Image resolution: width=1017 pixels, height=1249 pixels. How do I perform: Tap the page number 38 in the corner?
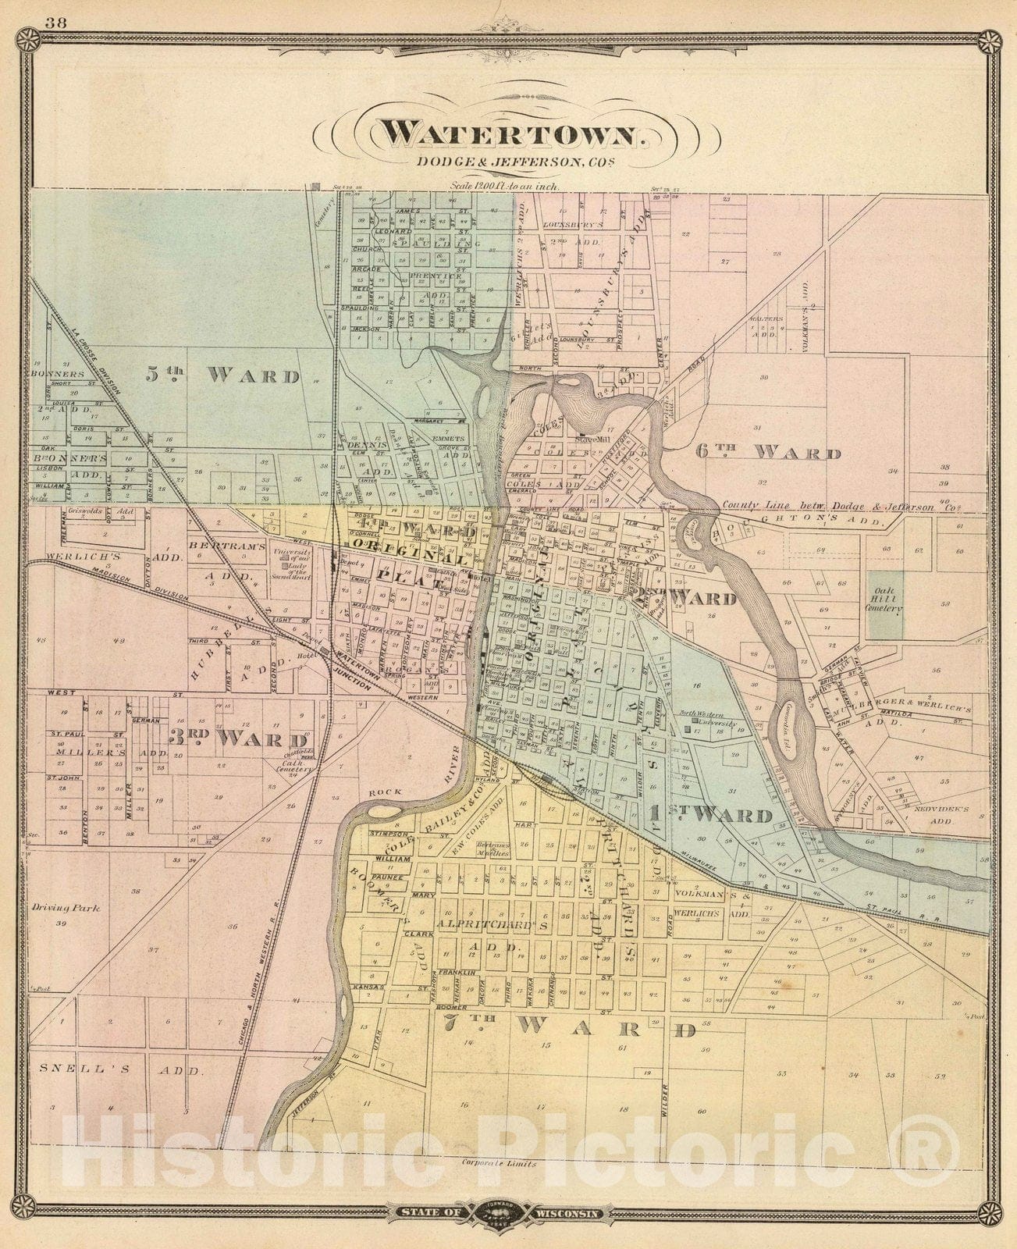click(x=55, y=22)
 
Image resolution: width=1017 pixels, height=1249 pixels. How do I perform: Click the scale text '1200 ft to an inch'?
click(x=508, y=187)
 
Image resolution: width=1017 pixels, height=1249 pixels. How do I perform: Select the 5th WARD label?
click(x=222, y=375)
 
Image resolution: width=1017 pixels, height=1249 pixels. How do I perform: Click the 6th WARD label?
click(x=768, y=454)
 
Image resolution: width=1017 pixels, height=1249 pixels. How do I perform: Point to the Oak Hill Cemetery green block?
click(x=885, y=605)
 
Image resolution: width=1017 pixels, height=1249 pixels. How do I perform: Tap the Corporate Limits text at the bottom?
click(x=499, y=1162)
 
